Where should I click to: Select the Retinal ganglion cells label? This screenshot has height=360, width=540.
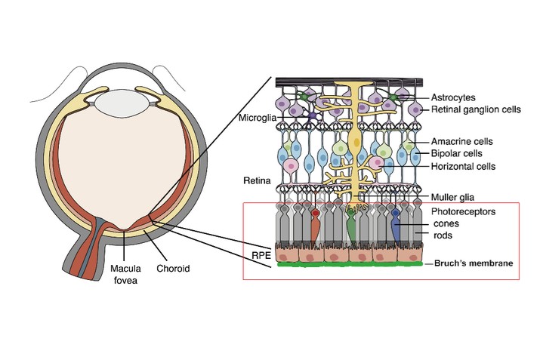[476, 109]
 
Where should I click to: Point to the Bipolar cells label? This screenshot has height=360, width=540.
[455, 153]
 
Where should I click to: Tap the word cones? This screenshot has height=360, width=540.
[444, 224]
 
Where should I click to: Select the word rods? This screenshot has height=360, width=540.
[442, 236]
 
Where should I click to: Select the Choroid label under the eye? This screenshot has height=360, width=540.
[173, 268]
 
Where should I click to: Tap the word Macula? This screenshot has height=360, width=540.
[126, 268]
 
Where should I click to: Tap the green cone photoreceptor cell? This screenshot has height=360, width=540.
[352, 226]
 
